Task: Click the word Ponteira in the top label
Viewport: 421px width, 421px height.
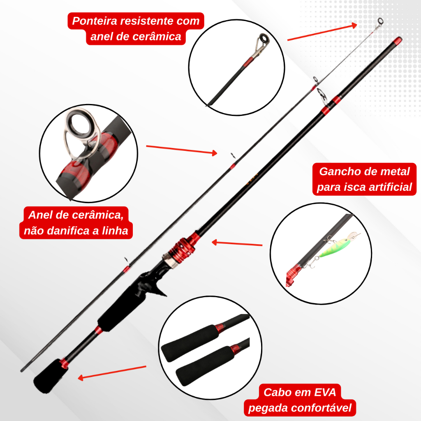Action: point(94,21)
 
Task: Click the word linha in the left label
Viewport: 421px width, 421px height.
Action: point(115,231)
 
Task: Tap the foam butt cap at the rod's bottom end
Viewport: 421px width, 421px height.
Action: point(50,376)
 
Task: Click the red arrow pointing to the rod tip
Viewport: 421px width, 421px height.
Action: point(322,32)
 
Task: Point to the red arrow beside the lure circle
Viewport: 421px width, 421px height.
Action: point(237,243)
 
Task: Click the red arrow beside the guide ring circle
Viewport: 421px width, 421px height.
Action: point(181,150)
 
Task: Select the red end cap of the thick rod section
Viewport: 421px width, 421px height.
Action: point(398,41)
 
